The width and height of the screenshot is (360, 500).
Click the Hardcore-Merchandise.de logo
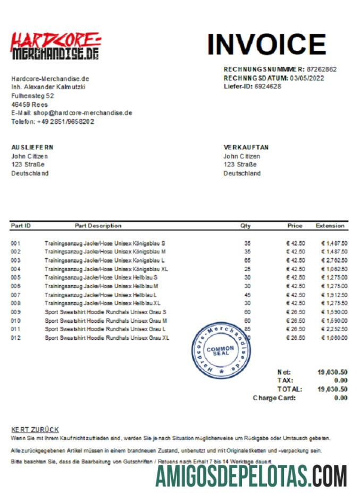coord(55,46)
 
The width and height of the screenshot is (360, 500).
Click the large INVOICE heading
coord(266,44)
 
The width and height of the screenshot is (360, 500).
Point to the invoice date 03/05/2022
coord(307,78)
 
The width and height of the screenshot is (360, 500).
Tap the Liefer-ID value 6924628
coord(267,86)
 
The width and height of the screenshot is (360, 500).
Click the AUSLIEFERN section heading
coord(32,147)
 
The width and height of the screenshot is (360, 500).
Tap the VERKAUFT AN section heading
coord(246,147)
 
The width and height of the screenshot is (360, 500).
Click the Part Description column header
coord(98,226)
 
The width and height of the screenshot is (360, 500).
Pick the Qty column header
coord(245,226)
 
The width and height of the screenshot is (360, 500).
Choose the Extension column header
coord(330,226)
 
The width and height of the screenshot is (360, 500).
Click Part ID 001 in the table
coord(15,243)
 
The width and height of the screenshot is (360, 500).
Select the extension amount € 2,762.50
coord(334,260)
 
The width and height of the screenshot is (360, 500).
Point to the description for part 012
coord(107,337)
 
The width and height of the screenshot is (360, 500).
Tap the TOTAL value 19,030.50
coord(332,389)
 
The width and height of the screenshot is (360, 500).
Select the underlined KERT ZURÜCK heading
coord(35,429)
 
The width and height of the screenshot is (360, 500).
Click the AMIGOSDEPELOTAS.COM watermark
coord(251,476)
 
